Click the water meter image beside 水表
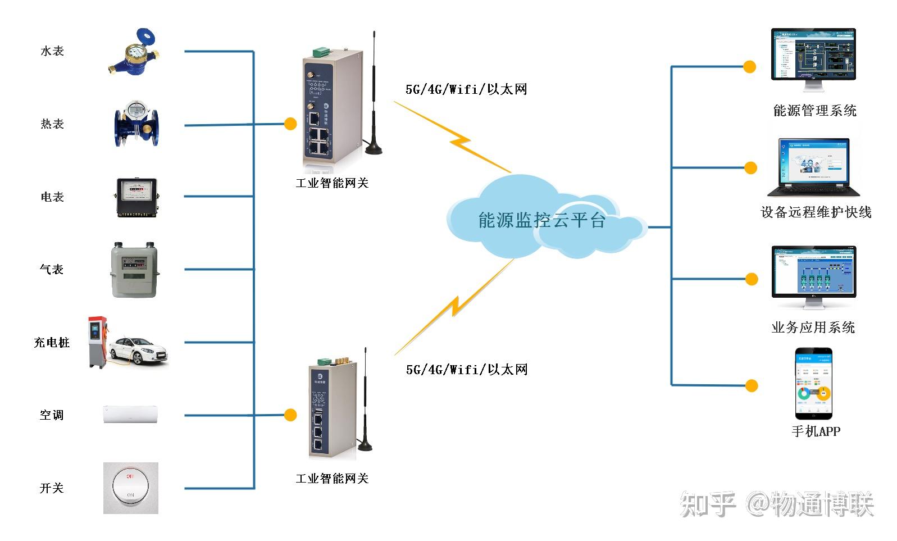point(134,53)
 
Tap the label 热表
point(52,124)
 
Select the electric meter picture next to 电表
point(136,197)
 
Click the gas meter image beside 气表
point(135,270)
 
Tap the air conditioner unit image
point(130,415)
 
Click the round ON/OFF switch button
point(130,487)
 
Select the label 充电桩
point(52,342)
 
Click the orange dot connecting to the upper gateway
point(290,124)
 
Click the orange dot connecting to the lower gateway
point(290,415)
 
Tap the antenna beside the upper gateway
point(374,96)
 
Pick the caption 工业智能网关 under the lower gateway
point(332,478)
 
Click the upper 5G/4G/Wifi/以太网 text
point(466,89)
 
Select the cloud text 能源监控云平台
point(541,220)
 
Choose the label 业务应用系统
point(813,327)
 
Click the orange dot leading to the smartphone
point(752,385)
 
